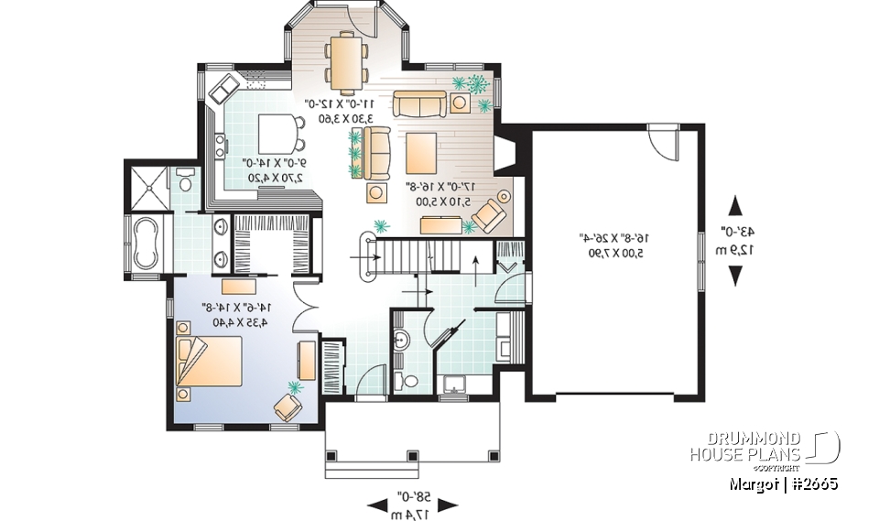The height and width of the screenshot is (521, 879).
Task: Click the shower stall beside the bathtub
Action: [146, 188]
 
